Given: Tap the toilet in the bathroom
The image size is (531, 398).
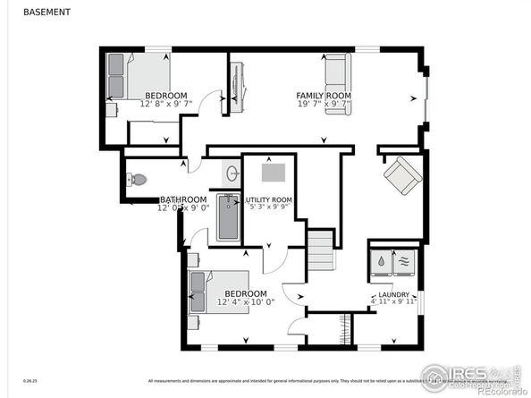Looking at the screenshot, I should click(137, 180).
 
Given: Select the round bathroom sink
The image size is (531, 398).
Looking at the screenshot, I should click(231, 174).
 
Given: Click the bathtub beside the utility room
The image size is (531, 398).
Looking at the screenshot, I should click(229, 217).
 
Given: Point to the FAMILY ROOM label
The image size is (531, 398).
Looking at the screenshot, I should click(324, 95).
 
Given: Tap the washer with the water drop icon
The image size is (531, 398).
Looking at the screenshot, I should click(382, 260).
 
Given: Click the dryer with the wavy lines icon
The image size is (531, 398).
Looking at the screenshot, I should click(406, 260).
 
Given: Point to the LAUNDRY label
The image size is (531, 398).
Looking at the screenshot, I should click(393, 295).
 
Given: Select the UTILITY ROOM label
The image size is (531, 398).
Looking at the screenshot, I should click(270, 199).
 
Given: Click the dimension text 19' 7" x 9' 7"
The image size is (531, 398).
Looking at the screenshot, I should click(324, 104).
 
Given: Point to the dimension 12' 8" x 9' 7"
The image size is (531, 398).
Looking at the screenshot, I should click(166, 104).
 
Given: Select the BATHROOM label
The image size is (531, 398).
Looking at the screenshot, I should click(183, 199).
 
